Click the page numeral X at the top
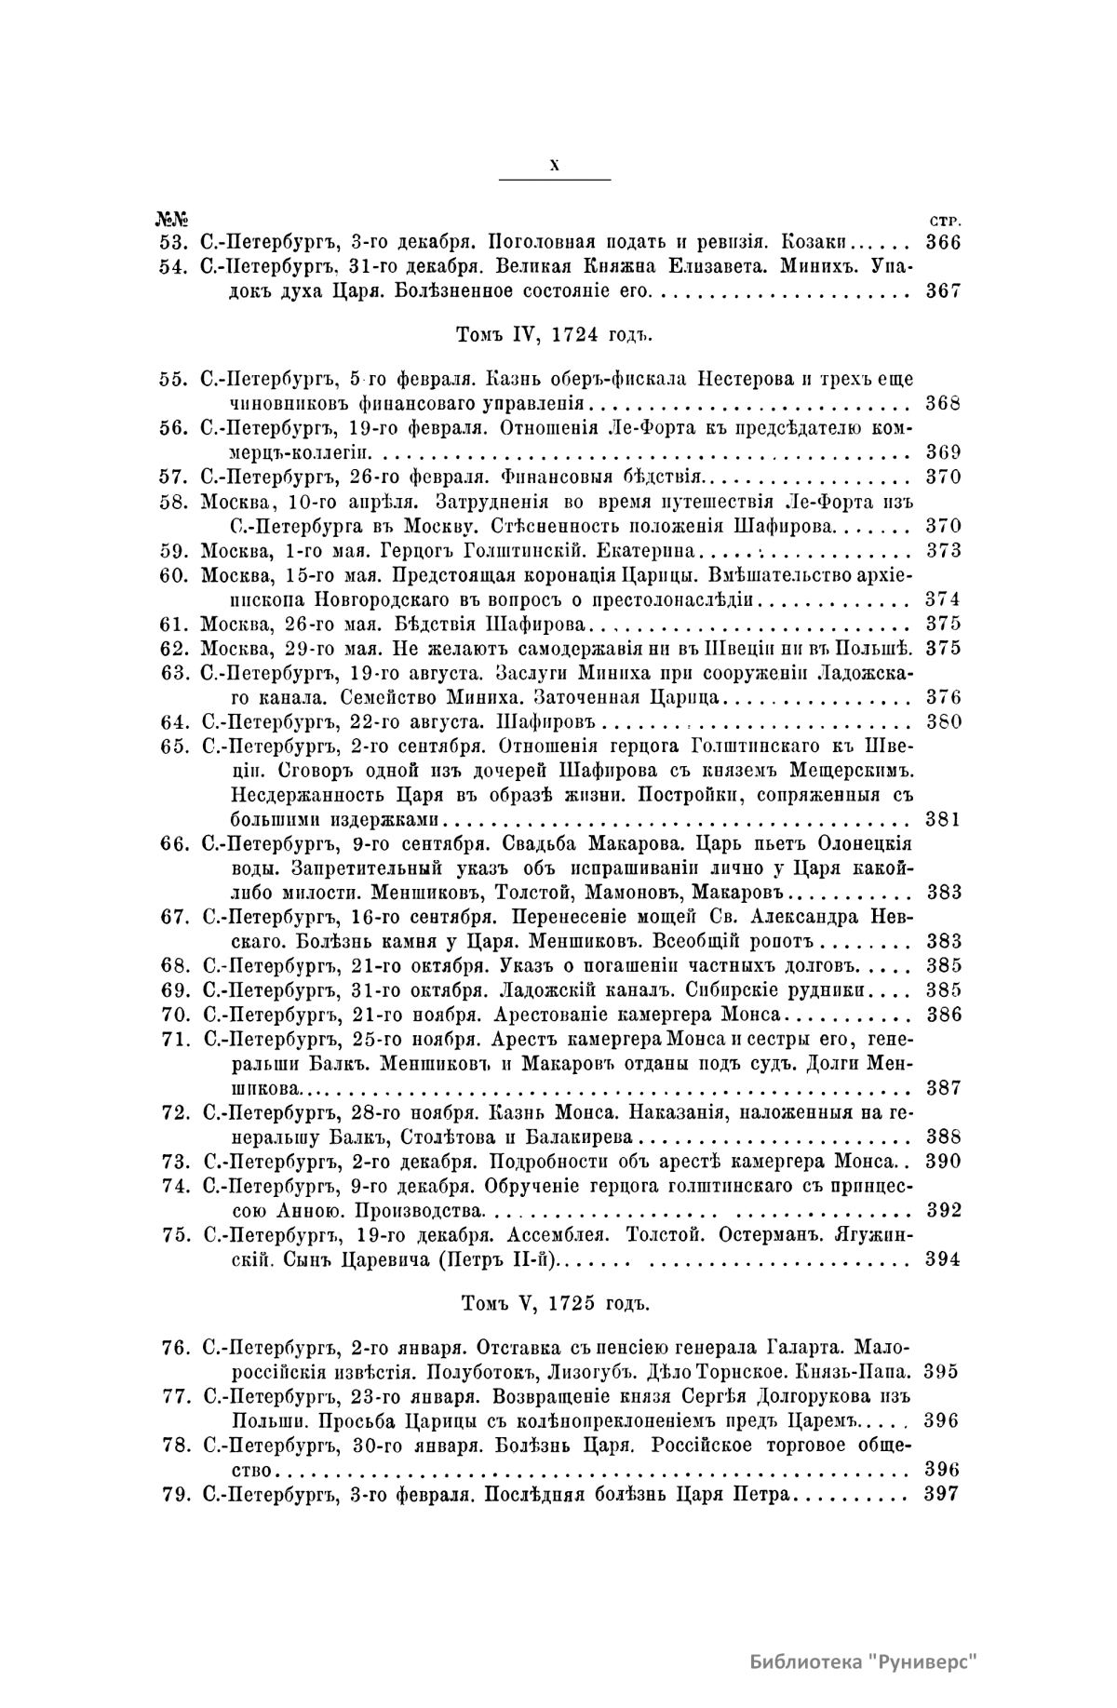[x=555, y=165]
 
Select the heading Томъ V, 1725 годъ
[x=555, y=1303]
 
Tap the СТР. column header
[x=946, y=222]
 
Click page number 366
[x=944, y=242]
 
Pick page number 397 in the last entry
[x=944, y=1494]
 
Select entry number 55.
[x=175, y=379]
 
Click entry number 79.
[x=175, y=1494]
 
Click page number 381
[x=944, y=820]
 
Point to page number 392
[x=944, y=1210]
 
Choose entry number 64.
[x=175, y=722]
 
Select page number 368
[x=944, y=404]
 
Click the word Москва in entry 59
[x=234, y=550]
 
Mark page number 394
[x=944, y=1259]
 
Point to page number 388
[x=944, y=1136]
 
